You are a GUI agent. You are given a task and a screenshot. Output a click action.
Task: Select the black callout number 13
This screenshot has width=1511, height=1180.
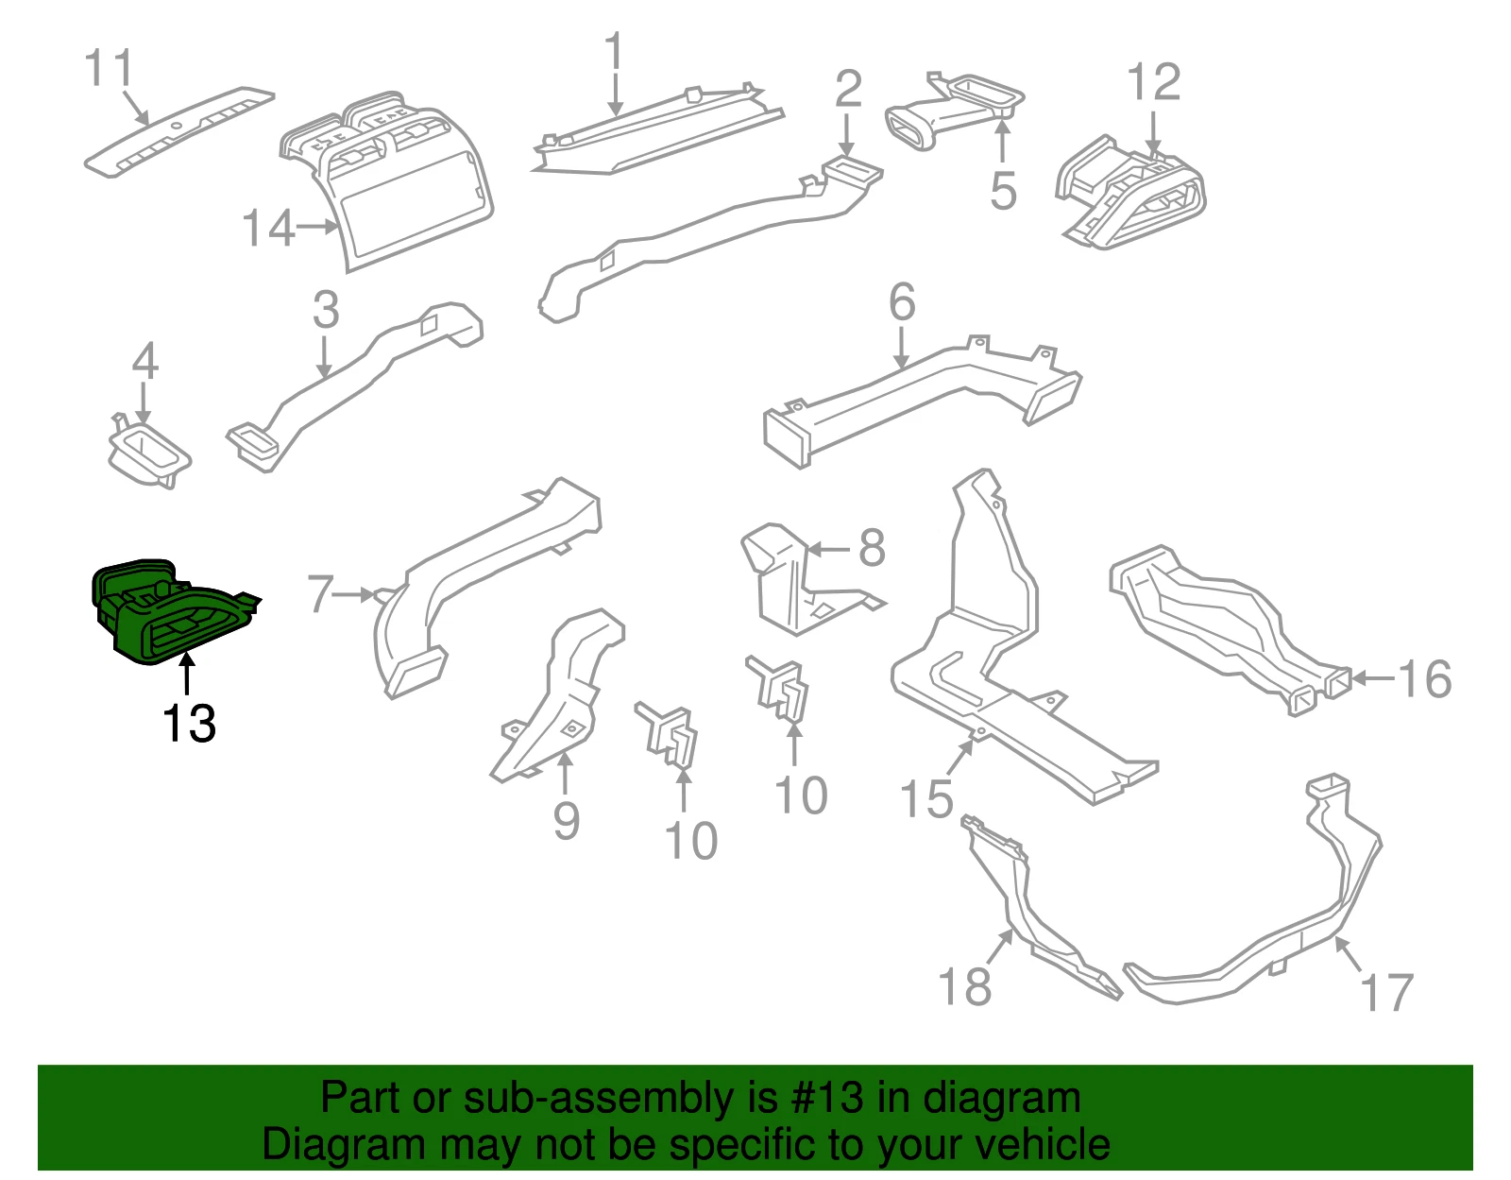[189, 724]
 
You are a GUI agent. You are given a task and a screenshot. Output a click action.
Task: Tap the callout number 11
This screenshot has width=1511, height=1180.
[109, 67]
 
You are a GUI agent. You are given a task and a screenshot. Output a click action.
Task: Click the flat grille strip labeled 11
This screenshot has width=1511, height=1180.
[179, 131]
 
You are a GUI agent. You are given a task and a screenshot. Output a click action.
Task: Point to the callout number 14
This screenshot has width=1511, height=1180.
[268, 228]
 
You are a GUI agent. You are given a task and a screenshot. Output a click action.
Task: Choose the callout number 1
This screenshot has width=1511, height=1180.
[614, 50]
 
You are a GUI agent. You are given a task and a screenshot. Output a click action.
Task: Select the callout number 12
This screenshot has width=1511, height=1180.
[1154, 82]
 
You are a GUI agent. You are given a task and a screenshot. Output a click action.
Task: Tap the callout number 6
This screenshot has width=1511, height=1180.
[903, 302]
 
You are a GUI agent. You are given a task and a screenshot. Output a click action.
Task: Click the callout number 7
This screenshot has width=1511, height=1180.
[320, 594]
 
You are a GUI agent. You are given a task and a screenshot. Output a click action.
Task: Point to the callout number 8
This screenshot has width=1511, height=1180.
[872, 548]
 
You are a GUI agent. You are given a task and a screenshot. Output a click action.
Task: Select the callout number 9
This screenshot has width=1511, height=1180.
[566, 820]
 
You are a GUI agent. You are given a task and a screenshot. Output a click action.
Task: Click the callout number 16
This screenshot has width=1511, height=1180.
[1425, 678]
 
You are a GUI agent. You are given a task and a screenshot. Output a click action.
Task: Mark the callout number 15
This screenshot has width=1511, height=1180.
[926, 799]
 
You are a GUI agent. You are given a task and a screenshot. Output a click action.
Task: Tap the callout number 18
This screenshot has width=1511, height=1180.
[964, 985]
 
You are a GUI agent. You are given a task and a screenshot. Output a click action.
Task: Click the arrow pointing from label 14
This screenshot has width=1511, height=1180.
[316, 227]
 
